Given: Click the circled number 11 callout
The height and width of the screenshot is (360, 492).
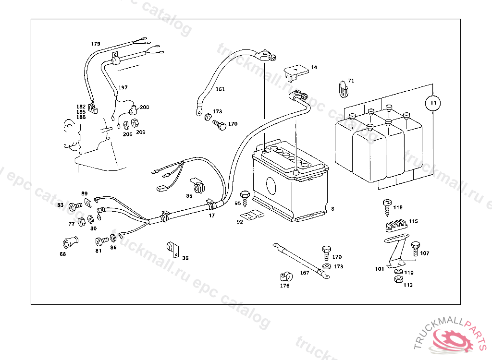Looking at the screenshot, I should (433, 103).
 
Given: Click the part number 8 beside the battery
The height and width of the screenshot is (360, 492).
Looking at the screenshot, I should (332, 209).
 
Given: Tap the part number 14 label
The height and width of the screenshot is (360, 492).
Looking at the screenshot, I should (314, 68).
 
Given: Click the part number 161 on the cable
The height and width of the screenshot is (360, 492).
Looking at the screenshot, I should (220, 89).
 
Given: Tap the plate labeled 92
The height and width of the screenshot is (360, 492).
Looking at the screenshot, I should (253, 216).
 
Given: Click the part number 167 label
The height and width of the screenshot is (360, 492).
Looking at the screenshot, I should (305, 273).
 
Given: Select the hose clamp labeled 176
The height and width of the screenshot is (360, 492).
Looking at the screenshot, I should (285, 276).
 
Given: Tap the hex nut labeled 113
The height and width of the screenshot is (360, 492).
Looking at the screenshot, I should (397, 279).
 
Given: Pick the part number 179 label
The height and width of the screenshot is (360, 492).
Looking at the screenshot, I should (96, 44).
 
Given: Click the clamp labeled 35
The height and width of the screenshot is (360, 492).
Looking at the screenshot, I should (197, 185).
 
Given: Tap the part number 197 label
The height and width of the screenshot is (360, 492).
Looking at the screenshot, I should (123, 87).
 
